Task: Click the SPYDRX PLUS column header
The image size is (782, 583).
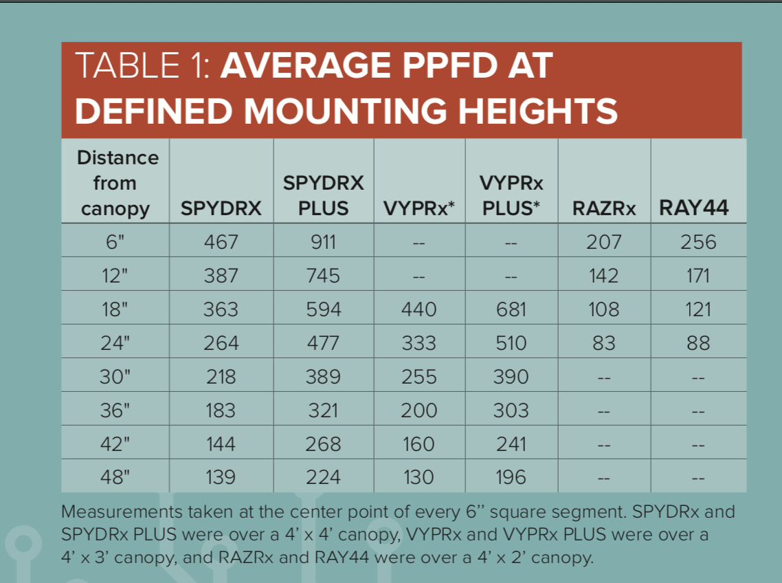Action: [324, 195]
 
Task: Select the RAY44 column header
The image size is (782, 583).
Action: [693, 208]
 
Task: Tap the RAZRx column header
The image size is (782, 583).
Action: [604, 208]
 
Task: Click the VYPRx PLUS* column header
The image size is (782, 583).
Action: [511, 195]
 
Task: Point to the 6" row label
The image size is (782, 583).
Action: [115, 242]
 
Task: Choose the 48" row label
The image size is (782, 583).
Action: [115, 477]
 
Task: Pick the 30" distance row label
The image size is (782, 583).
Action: [115, 377]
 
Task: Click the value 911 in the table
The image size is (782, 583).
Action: [323, 242]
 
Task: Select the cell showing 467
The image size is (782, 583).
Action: [221, 242]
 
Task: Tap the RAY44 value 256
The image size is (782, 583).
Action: [697, 242]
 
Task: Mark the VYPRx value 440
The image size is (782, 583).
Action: [418, 309]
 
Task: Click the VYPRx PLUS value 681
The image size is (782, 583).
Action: [511, 309]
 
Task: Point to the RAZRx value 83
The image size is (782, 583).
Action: [603, 343]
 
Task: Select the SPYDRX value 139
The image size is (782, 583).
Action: [221, 477]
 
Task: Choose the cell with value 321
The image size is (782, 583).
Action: [323, 410]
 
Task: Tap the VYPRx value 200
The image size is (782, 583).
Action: [418, 410]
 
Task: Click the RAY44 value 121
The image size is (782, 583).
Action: [697, 309]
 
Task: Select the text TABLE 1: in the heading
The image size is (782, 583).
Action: [144, 66]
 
